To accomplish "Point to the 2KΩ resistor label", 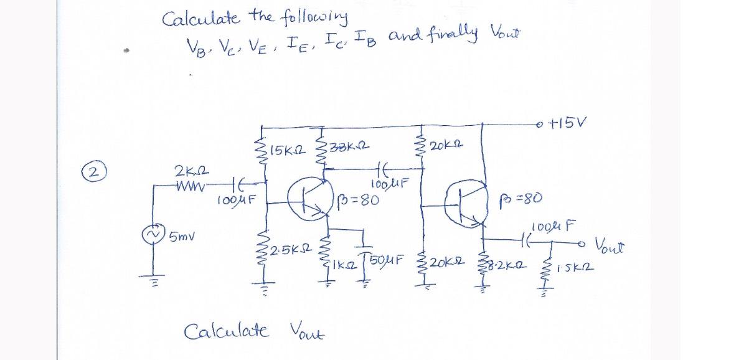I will [x=187, y=170].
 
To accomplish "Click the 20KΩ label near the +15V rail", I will [x=444, y=146].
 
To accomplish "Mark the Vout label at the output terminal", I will [x=613, y=244].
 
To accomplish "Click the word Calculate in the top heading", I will [x=193, y=19].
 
